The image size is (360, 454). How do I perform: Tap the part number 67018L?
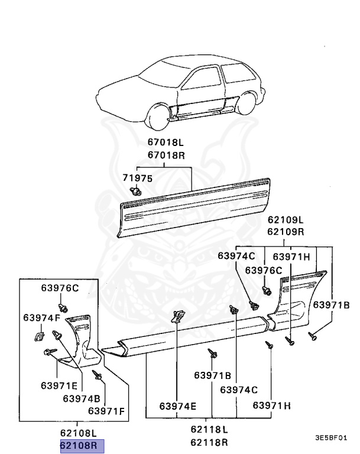pos(166,143)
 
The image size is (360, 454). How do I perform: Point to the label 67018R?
pos(166,155)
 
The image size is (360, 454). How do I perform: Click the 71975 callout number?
pos(137,178)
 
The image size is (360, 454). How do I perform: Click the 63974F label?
pos(42,317)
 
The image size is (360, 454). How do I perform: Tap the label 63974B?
pos(81,398)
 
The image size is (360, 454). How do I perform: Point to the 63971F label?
pos(107,410)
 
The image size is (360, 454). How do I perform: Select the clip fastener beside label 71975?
pos(136,191)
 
